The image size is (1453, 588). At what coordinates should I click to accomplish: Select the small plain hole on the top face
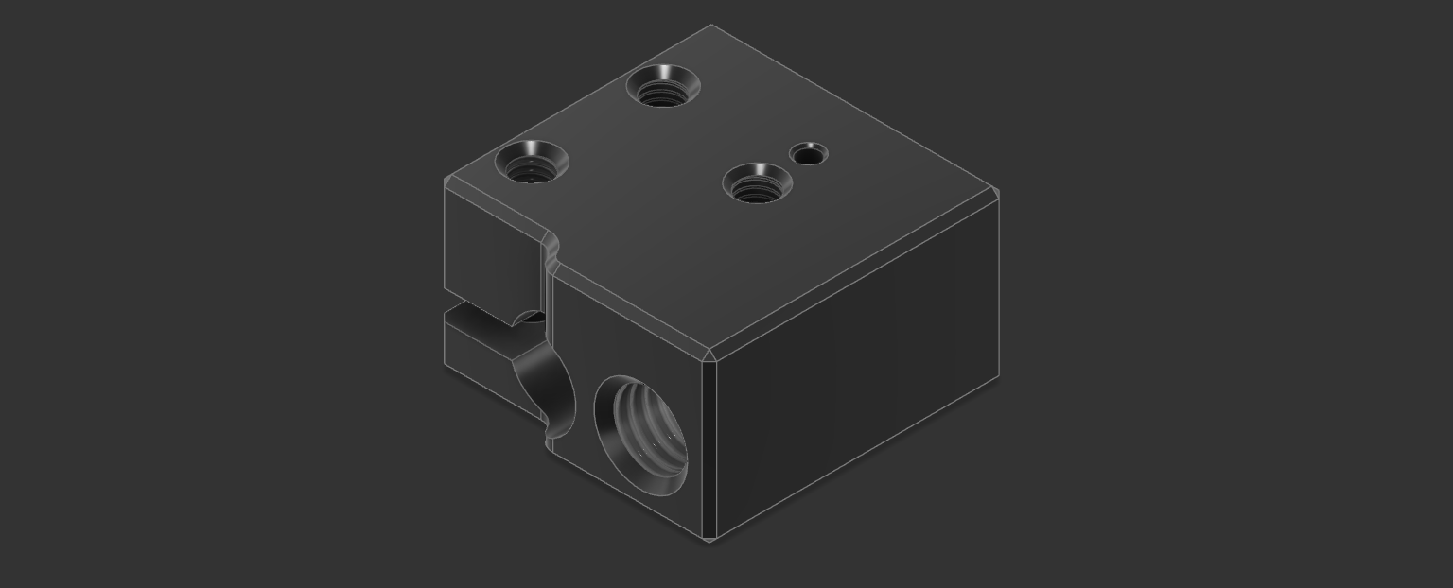coord(808,153)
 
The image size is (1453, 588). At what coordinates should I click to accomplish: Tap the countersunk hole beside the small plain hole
coord(756,183)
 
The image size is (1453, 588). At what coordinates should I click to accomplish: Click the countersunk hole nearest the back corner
coord(663,86)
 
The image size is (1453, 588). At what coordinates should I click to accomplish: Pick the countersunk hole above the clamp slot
coord(531,163)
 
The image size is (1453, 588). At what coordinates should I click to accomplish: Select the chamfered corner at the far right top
coord(994,195)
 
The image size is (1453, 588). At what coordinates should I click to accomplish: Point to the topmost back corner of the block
coord(711,26)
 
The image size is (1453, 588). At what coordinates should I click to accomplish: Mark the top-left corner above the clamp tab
coord(446,182)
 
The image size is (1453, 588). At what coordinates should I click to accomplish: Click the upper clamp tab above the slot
coord(492,255)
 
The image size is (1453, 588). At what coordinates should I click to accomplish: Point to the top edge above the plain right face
coord(856,275)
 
